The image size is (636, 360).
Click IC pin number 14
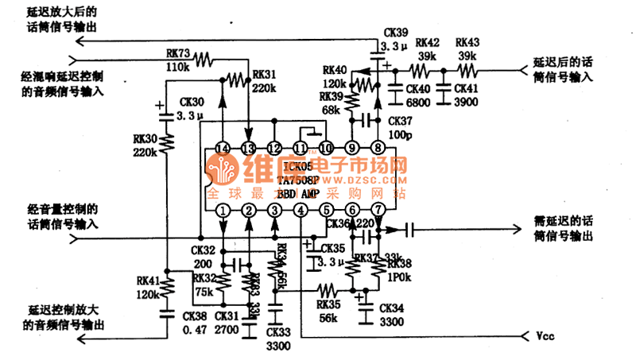tap(223, 148)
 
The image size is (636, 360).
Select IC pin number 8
tap(378, 148)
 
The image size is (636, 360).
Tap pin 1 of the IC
tap(223, 210)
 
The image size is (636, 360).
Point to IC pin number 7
tap(378, 210)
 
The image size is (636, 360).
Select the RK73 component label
tap(178, 53)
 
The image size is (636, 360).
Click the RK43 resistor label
tap(468, 42)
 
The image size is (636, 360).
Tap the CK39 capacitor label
tap(395, 33)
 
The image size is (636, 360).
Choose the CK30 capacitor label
tap(192, 103)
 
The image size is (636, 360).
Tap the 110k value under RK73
tap(178, 67)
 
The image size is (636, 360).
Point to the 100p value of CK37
tap(400, 135)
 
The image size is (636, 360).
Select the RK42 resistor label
tap(428, 42)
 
